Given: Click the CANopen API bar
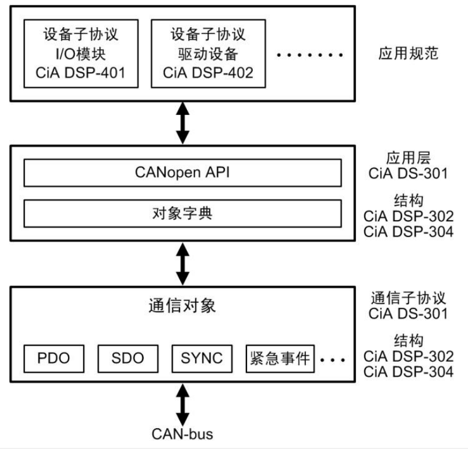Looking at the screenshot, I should coord(182,173).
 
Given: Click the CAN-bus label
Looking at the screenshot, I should coord(182,433).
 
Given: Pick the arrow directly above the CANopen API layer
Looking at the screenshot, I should coord(182,123).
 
